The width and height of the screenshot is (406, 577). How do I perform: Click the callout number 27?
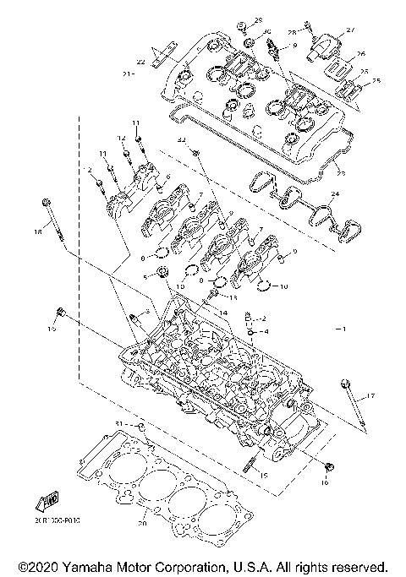tap(350, 30)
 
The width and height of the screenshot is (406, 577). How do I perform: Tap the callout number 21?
tap(129, 74)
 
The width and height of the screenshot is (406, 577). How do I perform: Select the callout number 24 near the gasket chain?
tap(335, 194)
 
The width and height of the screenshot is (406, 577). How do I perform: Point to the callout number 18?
tap(36, 231)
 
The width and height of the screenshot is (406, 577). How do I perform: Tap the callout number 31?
tap(119, 422)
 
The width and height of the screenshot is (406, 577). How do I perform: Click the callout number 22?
tap(141, 62)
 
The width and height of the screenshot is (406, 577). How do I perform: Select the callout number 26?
tap(360, 53)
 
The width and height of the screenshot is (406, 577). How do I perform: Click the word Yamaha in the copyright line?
tap(95, 565)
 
